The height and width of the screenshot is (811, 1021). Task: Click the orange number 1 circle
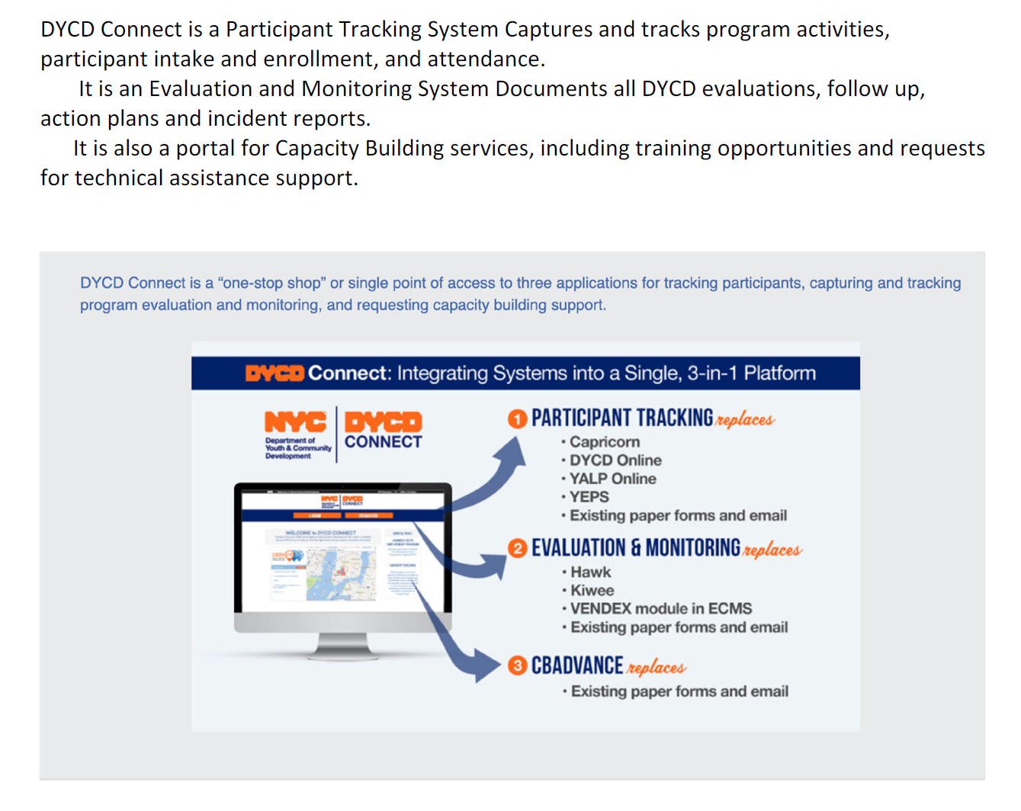tap(517, 418)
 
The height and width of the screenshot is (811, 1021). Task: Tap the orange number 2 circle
tap(517, 549)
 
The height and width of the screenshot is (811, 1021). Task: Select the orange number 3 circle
tap(517, 665)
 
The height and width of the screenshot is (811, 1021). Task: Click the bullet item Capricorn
tap(604, 442)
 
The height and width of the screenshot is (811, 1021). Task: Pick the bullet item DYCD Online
tap(615, 460)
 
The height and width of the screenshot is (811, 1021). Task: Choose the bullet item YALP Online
tap(612, 479)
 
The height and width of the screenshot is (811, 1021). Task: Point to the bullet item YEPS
tap(589, 497)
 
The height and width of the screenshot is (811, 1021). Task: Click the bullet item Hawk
tap(590, 572)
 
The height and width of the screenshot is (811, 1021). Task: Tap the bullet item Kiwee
tap(592, 591)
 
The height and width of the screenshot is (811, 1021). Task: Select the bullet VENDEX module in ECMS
tap(660, 609)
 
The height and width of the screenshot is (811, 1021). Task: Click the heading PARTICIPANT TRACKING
tap(622, 418)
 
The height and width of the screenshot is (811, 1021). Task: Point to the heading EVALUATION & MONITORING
tap(635, 549)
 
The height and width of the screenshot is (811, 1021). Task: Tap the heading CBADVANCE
tap(577, 666)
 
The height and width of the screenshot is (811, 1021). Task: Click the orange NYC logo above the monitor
tap(295, 422)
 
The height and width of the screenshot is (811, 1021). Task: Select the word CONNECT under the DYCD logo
tap(383, 442)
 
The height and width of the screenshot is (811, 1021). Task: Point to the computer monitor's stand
tap(342, 647)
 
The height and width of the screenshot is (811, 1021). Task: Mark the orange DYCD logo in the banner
tap(275, 373)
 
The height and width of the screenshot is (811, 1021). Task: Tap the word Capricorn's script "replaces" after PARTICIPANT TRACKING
tap(745, 420)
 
